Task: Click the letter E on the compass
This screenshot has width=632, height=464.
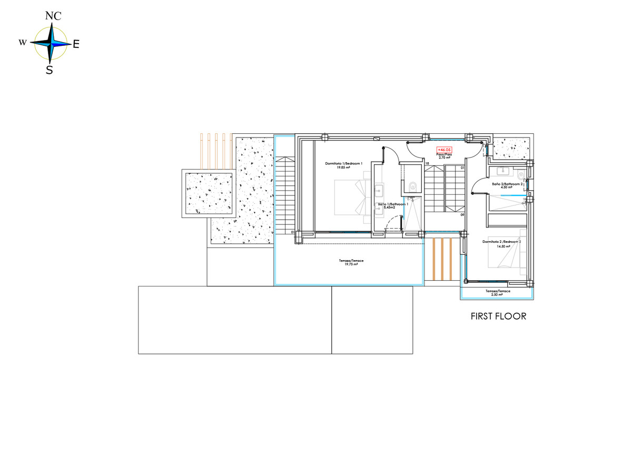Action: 76,45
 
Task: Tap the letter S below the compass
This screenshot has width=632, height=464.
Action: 49,70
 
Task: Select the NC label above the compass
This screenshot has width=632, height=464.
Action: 53,16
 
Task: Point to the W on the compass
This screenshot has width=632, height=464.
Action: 23,43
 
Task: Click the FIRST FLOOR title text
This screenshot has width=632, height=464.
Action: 498,317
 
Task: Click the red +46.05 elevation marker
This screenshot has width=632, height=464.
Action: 444,150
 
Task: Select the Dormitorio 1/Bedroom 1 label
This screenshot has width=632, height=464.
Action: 344,164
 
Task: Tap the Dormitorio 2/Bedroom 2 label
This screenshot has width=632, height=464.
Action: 502,242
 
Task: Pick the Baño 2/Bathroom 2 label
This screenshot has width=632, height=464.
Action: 508,184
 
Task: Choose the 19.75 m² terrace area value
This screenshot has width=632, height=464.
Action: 348,264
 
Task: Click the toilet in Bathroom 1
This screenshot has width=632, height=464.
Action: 412,185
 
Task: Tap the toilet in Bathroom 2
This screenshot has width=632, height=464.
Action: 521,174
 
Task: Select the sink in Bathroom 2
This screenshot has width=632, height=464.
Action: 502,170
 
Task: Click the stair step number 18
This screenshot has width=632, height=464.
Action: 427,164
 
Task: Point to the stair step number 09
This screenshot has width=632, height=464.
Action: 462,215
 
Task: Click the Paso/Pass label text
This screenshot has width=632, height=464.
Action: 445,154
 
